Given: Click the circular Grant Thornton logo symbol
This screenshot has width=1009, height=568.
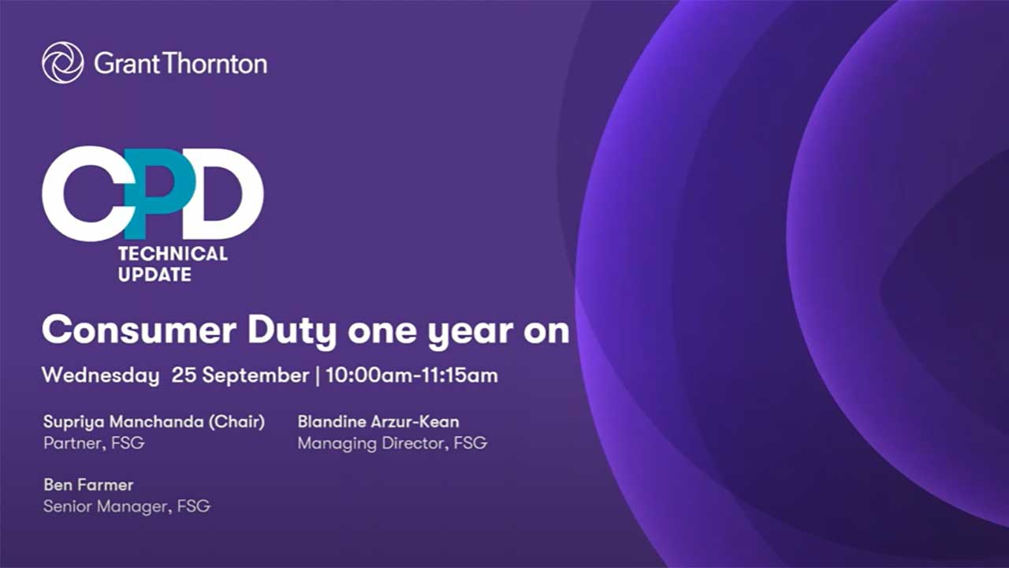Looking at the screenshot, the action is click(x=62, y=62).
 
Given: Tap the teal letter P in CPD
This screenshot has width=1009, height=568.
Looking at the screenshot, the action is click(x=159, y=194).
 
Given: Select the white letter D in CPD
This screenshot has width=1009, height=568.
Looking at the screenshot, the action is click(x=223, y=194).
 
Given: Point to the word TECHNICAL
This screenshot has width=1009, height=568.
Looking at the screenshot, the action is click(x=173, y=254).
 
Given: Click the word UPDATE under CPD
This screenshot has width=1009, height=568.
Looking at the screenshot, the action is click(x=155, y=275).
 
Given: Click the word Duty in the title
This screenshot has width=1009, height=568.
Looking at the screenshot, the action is click(x=292, y=332).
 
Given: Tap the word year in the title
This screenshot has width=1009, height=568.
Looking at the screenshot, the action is click(x=471, y=334).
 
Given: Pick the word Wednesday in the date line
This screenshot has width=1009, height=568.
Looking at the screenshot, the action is click(x=100, y=376).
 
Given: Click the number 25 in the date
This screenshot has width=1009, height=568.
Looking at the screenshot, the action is click(x=184, y=375).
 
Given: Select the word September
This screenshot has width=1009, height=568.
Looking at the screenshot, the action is click(x=255, y=376).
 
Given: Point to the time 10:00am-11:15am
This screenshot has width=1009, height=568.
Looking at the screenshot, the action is click(x=411, y=376).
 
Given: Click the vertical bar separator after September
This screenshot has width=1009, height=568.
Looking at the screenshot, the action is click(x=318, y=376).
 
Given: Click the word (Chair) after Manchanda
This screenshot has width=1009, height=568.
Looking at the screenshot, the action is click(x=236, y=422).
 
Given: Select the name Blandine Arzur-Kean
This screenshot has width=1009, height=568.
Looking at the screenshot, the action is click(x=378, y=422).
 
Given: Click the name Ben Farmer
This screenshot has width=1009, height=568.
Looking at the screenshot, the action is click(x=88, y=485).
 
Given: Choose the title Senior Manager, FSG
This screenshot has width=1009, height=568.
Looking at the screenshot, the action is click(x=127, y=506).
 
